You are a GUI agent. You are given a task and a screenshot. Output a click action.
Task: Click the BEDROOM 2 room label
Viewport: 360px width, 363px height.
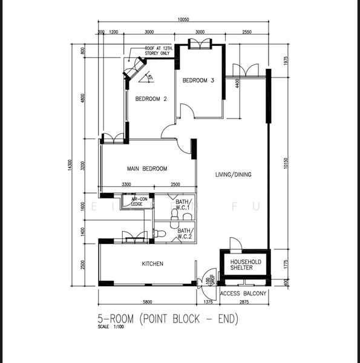point(151,99)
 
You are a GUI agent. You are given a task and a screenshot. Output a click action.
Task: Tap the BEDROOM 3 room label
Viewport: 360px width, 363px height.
point(198,80)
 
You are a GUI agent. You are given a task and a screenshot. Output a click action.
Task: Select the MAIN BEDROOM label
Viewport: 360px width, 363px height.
point(146,169)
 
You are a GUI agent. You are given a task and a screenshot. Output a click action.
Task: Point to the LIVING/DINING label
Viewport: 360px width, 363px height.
point(233,175)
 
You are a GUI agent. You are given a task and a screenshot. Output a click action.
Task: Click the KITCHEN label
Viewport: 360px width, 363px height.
point(152,264)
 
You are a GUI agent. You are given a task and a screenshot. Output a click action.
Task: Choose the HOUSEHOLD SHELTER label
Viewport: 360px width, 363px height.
point(245,264)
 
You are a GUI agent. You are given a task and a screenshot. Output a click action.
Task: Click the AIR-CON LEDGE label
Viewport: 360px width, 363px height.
point(139,201)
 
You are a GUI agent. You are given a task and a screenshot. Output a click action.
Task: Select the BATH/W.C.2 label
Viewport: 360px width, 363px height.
point(185,233)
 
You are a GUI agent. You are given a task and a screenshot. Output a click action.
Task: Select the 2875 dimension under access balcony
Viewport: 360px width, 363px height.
point(244,301)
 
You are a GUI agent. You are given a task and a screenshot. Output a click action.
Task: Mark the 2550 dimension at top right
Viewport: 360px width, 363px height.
point(247,31)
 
